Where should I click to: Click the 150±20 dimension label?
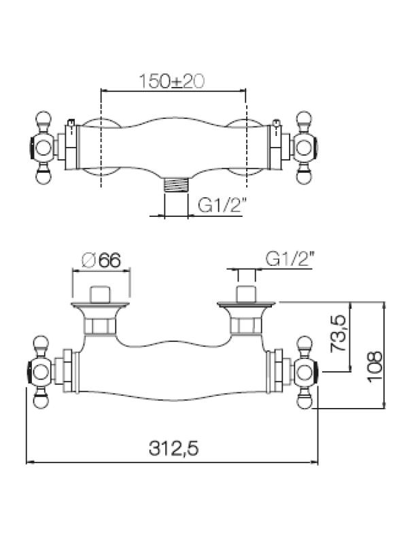[173, 82]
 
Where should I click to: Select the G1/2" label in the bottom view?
[290, 260]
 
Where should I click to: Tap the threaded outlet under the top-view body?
[177, 184]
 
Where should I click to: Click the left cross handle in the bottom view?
[41, 372]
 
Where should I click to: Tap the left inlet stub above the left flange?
[101, 292]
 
